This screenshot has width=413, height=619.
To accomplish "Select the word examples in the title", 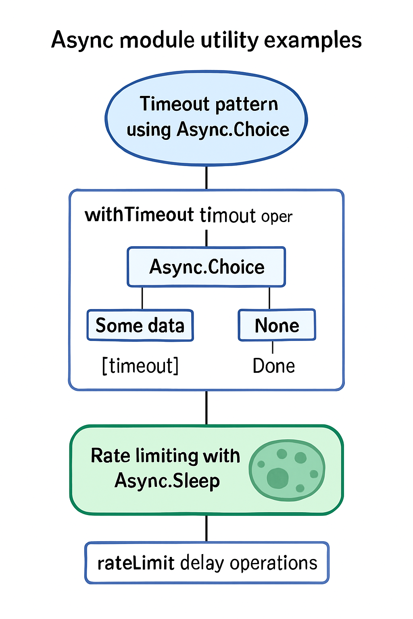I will (x=313, y=41).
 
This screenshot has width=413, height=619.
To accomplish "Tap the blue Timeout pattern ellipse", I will (x=206, y=118).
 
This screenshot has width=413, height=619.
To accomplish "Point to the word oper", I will (x=277, y=217).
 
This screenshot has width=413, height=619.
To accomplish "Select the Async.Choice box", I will (x=206, y=267).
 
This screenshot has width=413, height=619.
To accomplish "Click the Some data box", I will (x=140, y=325).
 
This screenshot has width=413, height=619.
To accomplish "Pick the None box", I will (x=277, y=325).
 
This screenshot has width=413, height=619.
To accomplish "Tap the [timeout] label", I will (x=140, y=366).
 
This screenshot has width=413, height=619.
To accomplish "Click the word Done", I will (x=273, y=366).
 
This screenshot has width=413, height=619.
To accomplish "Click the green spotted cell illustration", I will (x=287, y=470).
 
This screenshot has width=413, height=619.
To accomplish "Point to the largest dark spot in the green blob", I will (x=278, y=478).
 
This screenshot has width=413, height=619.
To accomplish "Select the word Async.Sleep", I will (x=167, y=481).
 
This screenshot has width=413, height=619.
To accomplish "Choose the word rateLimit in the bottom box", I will (x=136, y=563).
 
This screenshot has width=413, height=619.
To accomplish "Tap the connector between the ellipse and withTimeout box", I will (x=206, y=177).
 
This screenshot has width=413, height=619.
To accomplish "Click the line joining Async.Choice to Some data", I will (x=142, y=298).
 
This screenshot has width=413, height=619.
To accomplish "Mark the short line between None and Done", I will (x=273, y=347).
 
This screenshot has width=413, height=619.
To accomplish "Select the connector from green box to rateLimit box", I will (x=206, y=528).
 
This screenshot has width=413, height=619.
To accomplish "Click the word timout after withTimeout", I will (x=228, y=215).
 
